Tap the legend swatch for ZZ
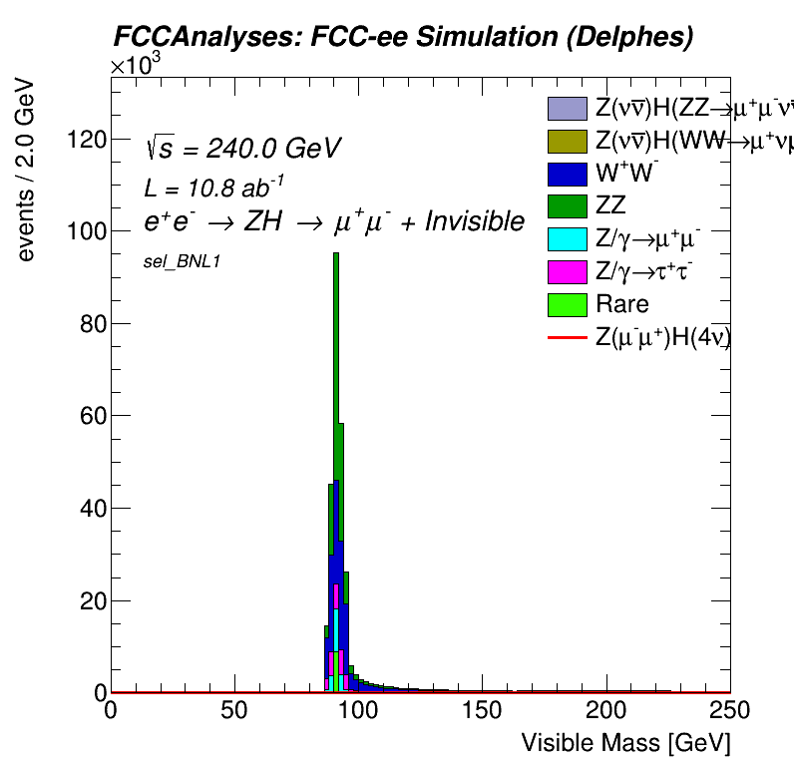567,205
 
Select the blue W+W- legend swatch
567,173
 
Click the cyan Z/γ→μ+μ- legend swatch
567,238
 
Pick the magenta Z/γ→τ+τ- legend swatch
567,271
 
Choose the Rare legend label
621,304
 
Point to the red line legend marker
567,338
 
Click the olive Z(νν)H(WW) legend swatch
567,140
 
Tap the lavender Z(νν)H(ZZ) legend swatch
567,107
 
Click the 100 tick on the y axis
82,231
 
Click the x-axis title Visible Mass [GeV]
625,743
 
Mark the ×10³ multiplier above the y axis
135,65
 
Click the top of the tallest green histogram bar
336,254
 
